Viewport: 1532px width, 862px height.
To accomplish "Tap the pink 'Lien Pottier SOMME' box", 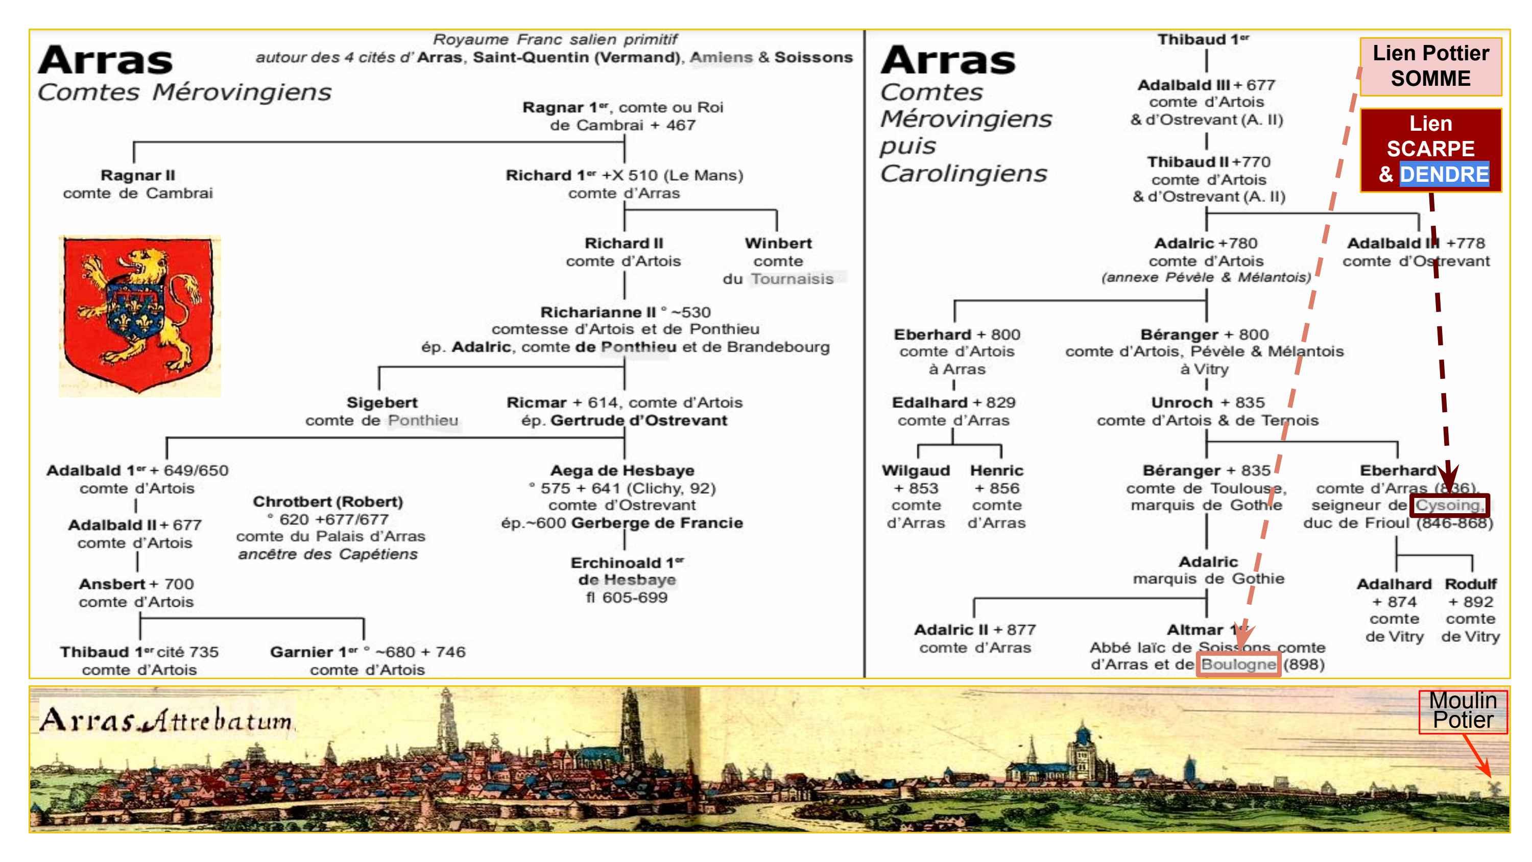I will coord(1430,66).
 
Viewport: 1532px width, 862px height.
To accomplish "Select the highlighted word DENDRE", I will coord(1444,174).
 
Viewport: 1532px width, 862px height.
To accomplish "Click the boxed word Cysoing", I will coord(1449,505).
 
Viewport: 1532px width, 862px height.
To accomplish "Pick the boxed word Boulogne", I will coord(1238,664).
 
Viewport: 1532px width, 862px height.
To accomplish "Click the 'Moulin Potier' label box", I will coord(1463,710).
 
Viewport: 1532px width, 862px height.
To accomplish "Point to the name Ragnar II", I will coord(137,176).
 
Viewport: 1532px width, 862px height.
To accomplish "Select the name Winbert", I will coord(778,243).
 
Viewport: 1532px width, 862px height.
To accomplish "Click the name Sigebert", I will coord(382,403).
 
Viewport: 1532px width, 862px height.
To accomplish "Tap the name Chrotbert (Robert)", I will coord(328,501).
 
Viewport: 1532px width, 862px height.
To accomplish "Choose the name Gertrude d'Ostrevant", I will coord(638,421).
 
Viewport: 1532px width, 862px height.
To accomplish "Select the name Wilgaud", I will coord(915,470).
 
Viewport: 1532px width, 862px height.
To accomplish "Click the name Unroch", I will coord(1182,403).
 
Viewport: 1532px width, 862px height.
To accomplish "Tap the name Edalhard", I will coord(929,403).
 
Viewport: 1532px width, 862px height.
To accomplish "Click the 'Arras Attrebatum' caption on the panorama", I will coord(166,721).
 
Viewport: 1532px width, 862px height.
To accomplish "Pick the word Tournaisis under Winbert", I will coord(792,279).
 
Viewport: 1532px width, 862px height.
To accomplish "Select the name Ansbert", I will coord(112,584).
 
